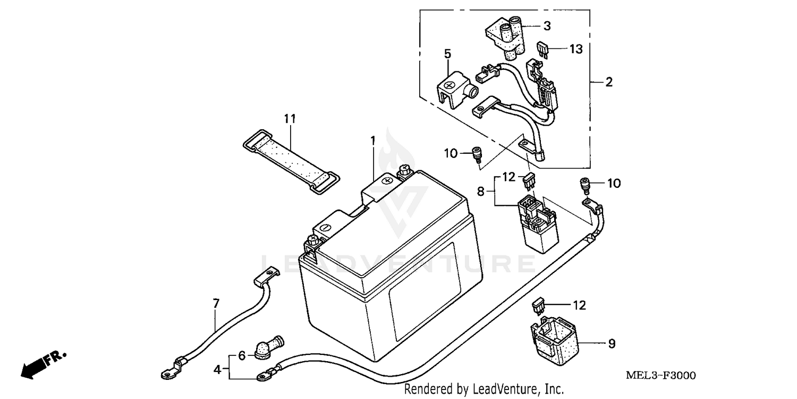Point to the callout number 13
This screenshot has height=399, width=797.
[x=576, y=49]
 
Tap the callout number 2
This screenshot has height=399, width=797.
[x=609, y=82]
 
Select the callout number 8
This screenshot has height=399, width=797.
[x=481, y=192]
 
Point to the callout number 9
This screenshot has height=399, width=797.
[x=612, y=344]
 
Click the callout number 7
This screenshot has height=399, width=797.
[x=216, y=304]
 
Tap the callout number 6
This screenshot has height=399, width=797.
[x=242, y=356]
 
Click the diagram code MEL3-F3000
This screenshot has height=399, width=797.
[x=660, y=376]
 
